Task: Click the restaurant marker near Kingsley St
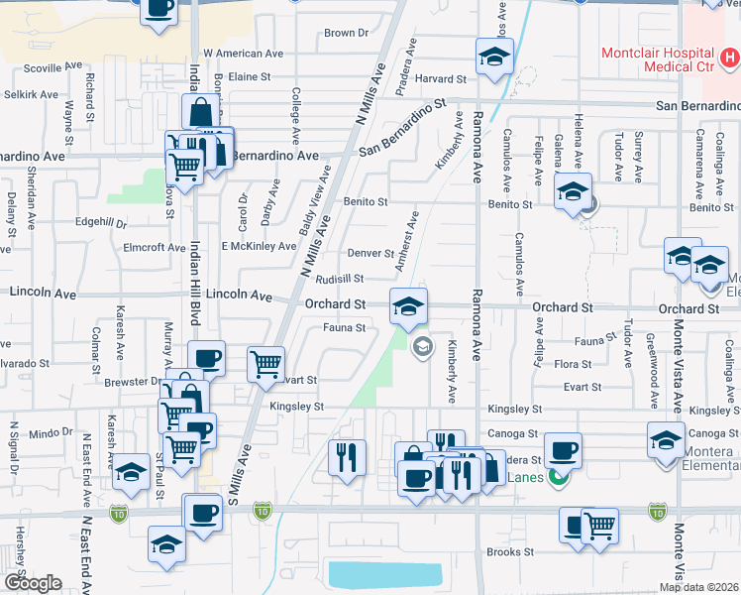(347, 458)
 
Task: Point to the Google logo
(33, 583)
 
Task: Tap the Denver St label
(370, 253)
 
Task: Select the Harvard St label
(440, 78)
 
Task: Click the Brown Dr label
(346, 33)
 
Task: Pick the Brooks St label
(509, 552)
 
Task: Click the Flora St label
(573, 365)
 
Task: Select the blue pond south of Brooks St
(384, 574)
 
